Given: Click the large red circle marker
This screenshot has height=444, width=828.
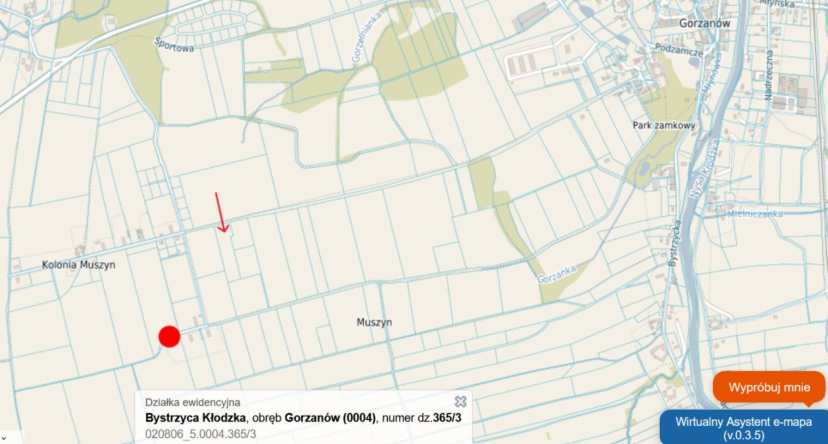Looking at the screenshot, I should click(169, 337).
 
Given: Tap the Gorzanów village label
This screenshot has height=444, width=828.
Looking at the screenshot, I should click(704, 23).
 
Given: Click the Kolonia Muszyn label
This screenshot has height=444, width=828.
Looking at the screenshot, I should click(78, 265).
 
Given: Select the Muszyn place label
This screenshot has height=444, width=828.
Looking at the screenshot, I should click(374, 322).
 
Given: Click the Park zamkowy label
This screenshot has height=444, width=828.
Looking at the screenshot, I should click(664, 126).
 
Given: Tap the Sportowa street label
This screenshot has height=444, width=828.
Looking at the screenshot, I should click(174, 44).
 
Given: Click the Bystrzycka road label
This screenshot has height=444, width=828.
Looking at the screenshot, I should click(674, 243).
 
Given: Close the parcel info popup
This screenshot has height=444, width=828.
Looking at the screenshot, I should click(461, 402).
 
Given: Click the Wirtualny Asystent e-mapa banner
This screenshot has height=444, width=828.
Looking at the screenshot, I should click(743, 428).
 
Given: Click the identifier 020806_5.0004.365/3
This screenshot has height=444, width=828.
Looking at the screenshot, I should click(201, 434).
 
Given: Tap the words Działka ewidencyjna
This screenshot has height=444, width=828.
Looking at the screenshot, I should click(193, 403).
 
